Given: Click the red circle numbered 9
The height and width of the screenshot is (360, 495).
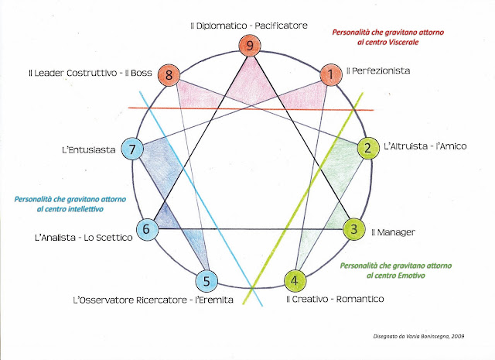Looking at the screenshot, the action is pos(250,46).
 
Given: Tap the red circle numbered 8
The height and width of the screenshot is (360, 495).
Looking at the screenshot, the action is pos(169,75).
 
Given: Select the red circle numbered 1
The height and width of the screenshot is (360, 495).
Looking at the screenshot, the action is pos(331,75).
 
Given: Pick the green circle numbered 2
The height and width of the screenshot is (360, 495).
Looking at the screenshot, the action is pos(368,148).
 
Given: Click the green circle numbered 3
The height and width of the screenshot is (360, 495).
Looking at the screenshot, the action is pos(354,229).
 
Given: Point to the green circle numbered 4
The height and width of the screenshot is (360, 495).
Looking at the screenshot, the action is pos(295,281).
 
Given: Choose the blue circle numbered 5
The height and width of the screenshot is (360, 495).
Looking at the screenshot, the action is pos(207,281).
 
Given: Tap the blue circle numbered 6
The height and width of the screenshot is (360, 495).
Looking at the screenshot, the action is pos(147,229).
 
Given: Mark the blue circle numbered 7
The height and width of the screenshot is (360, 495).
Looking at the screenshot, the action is pos(132,149).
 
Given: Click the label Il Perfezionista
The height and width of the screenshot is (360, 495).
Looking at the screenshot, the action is pos(378,70).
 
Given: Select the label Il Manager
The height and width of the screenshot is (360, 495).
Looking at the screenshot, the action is pos(393,232).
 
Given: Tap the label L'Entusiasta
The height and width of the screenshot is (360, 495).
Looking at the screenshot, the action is pos(89,149).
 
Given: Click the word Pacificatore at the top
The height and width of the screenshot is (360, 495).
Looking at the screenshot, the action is pos(281,26).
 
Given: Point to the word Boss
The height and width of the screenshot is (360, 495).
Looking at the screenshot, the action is pos(141,73).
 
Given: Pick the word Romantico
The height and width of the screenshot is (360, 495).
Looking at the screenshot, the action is pos(360,299).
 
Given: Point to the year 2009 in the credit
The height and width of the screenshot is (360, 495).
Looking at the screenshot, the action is pos(458,336).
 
